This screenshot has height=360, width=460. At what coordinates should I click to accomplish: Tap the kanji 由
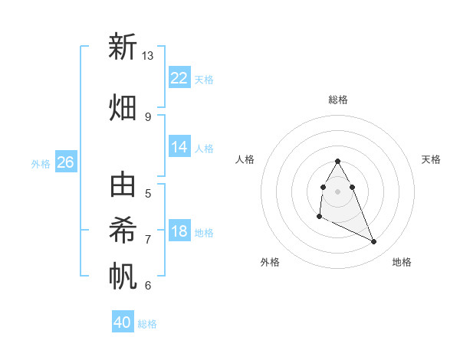[123, 186]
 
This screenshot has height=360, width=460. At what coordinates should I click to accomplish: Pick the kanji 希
[123, 230]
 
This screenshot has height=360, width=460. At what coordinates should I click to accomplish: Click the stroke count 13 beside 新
[148, 56]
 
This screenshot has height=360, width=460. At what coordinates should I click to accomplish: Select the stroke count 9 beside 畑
[148, 116]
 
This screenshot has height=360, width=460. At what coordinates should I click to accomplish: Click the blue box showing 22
[179, 77]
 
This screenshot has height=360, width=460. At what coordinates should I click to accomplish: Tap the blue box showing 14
[179, 147]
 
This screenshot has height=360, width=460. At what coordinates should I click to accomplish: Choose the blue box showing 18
[179, 231]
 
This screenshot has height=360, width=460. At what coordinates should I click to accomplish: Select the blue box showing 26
[66, 162]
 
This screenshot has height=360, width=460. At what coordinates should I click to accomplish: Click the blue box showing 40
[123, 322]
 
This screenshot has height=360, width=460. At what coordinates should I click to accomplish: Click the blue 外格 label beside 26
[41, 163]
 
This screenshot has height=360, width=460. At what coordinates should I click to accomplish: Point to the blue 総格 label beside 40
[147, 324]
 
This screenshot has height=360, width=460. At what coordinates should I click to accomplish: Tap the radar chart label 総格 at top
[338, 100]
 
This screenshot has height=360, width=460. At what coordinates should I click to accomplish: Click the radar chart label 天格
[431, 159]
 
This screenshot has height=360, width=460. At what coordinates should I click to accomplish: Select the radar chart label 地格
[402, 262]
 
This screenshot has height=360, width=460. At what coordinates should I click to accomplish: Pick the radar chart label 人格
[245, 159]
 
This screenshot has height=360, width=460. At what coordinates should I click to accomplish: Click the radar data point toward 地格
[374, 242]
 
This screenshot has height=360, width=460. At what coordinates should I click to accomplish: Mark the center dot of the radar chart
[338, 191]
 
